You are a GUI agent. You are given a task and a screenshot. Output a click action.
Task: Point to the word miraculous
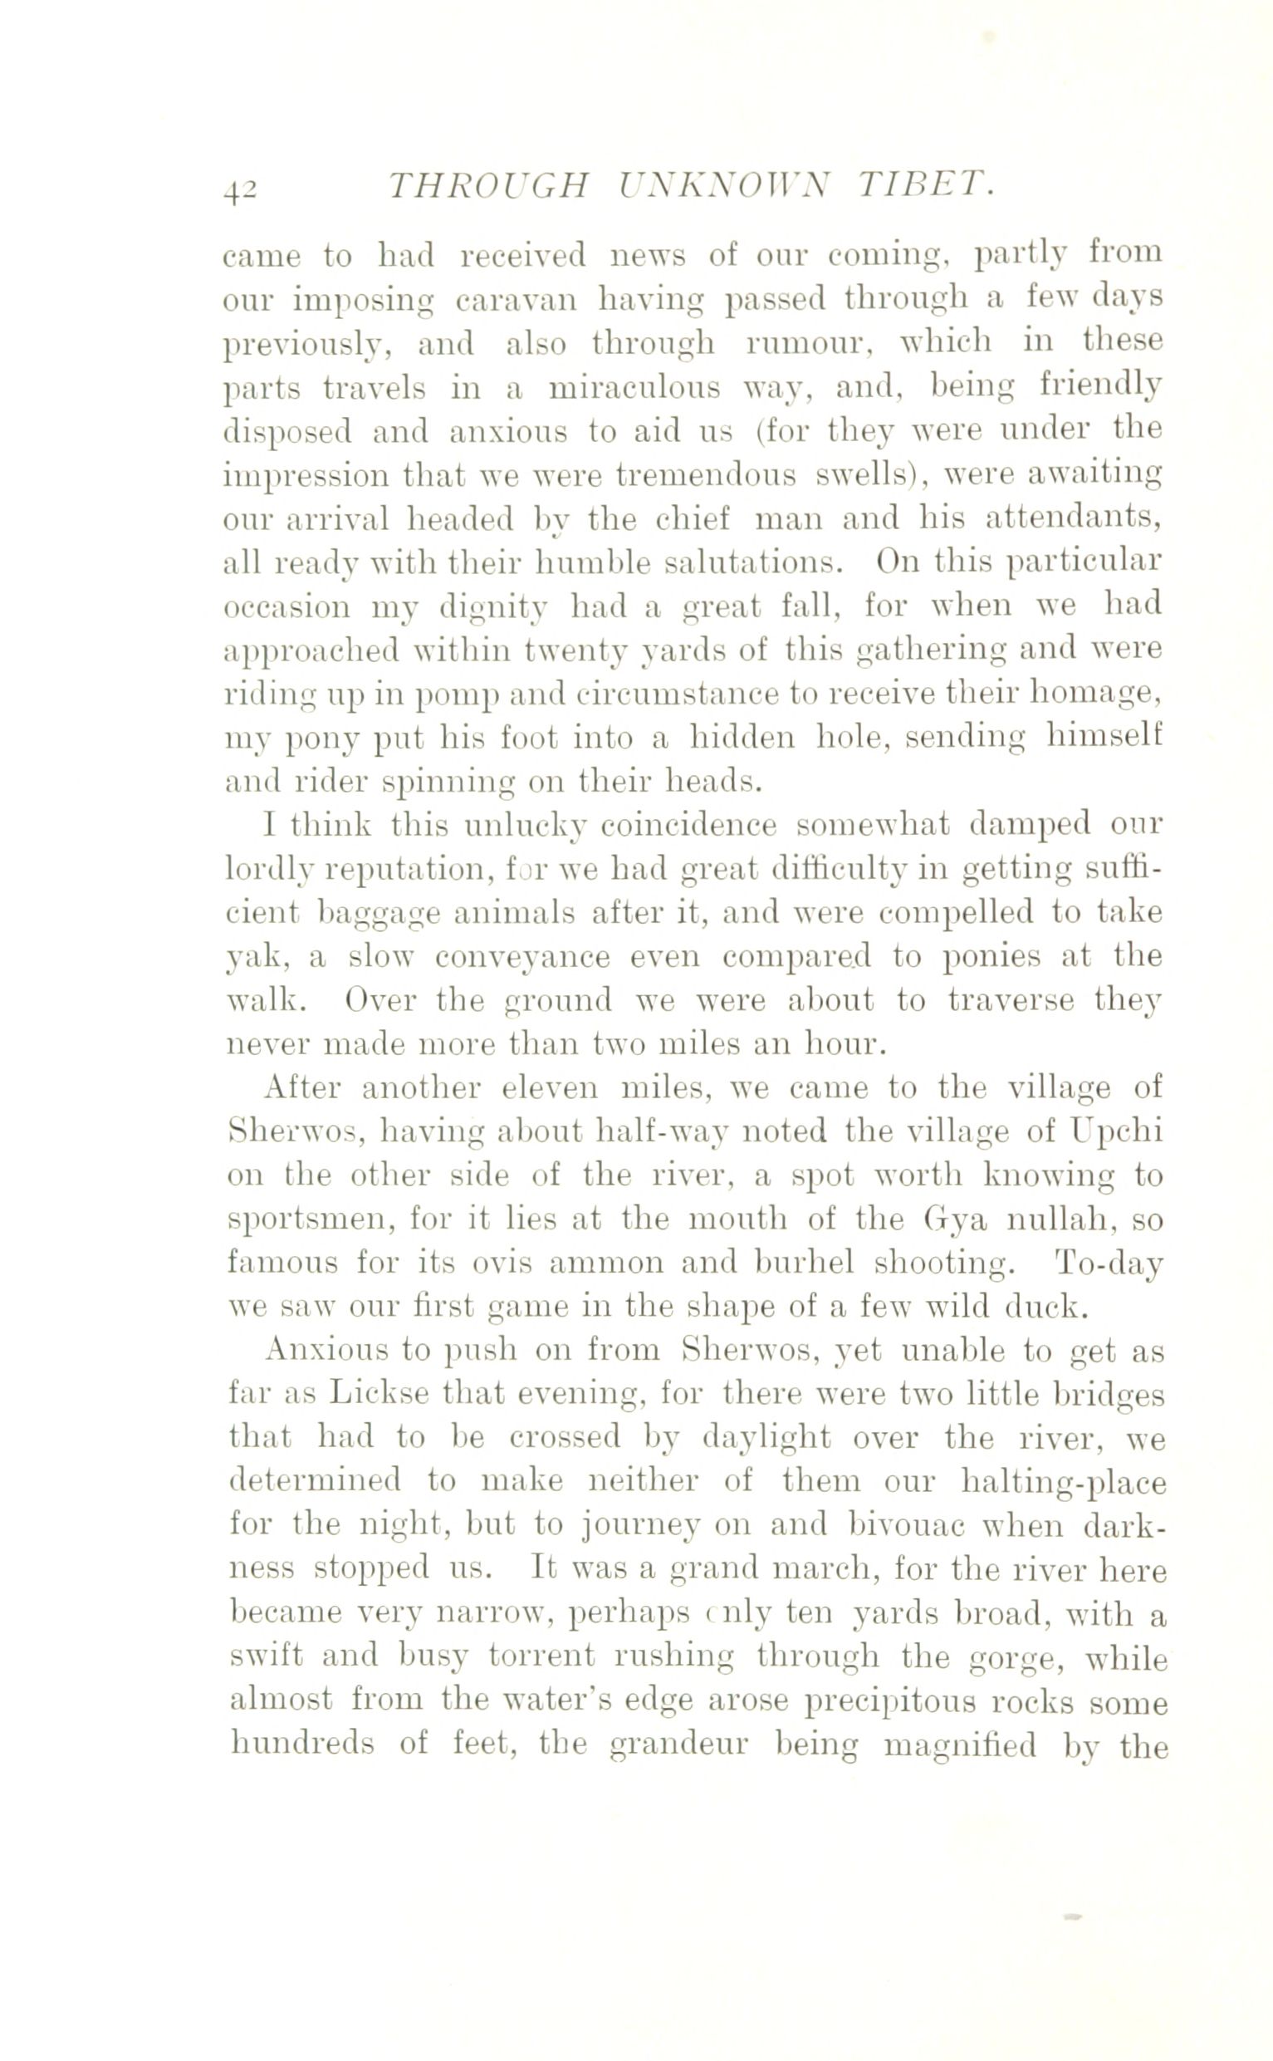[x=634, y=387]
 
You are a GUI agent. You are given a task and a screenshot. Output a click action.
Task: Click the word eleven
[x=549, y=1088]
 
